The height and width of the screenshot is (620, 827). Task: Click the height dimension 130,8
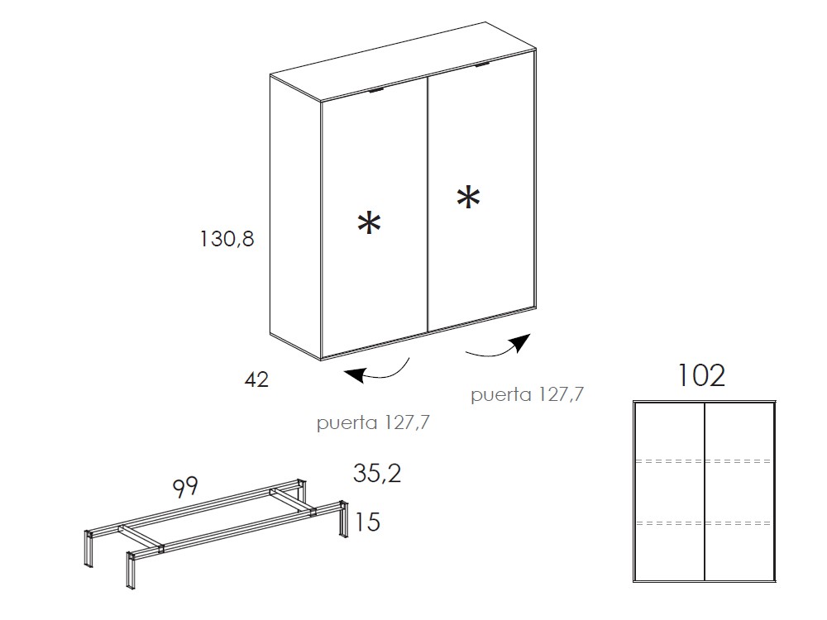click(x=227, y=239)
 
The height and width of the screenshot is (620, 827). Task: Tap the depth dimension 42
click(x=257, y=379)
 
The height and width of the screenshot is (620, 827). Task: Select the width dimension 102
click(x=701, y=375)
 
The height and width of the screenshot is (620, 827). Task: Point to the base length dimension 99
click(x=185, y=487)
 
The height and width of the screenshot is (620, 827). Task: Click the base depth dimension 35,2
click(x=377, y=473)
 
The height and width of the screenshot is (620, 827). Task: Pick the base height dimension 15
click(x=368, y=522)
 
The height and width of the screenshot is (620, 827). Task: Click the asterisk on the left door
click(x=369, y=223)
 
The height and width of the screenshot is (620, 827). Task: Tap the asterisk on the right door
click(x=468, y=198)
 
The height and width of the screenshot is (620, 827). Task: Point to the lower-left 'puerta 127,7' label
click(x=373, y=422)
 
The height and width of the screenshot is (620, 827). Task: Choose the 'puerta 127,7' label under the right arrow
click(x=528, y=394)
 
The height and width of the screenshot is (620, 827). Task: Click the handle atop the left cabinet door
click(x=376, y=91)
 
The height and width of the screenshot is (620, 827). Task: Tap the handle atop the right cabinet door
click(x=482, y=64)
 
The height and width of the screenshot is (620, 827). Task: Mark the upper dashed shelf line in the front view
click(x=704, y=461)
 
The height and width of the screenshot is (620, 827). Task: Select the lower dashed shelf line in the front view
click(x=704, y=523)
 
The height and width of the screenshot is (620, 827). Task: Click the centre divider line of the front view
click(x=705, y=491)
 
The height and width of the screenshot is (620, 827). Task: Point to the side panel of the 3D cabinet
click(x=295, y=216)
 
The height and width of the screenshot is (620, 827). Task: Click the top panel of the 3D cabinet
click(x=404, y=60)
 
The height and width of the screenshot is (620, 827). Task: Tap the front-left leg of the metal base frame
click(x=130, y=570)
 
